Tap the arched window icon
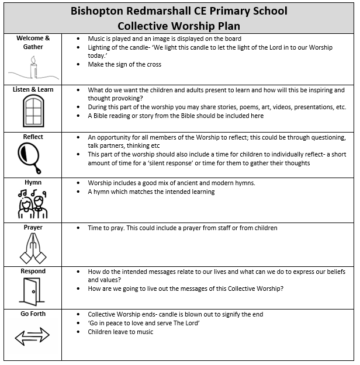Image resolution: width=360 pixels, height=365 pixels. pyautogui.click(x=33, y=110)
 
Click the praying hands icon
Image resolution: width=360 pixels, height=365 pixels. pyautogui.click(x=33, y=248)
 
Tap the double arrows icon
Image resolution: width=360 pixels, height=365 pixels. pyautogui.click(x=32, y=336)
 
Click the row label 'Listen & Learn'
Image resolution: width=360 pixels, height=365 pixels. pyautogui.click(x=33, y=89)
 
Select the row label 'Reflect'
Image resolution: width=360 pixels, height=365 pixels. pyautogui.click(x=33, y=137)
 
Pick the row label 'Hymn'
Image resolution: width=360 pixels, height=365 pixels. pyautogui.click(x=33, y=182)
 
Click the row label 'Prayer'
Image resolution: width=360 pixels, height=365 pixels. pyautogui.click(x=33, y=227)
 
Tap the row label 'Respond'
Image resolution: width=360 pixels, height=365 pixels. pyautogui.click(x=33, y=271)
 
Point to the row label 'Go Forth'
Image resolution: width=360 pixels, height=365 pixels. pyautogui.click(x=33, y=314)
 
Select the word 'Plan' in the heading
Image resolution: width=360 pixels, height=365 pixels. pyautogui.click(x=224, y=26)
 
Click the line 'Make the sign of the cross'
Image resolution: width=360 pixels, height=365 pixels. pyautogui.click(x=124, y=64)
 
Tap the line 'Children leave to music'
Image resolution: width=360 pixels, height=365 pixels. pyautogui.click(x=120, y=332)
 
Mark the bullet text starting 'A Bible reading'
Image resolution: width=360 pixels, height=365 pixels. pyautogui.click(x=175, y=116)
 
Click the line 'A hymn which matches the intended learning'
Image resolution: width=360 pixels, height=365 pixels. pyautogui.click(x=151, y=192)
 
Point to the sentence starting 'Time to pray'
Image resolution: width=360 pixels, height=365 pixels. pyautogui.click(x=182, y=228)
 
